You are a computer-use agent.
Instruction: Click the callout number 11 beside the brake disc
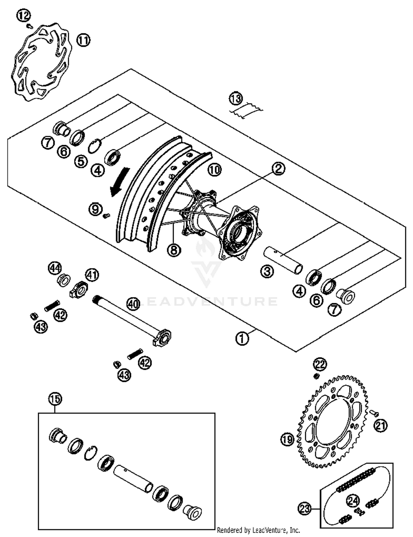(x=83, y=41)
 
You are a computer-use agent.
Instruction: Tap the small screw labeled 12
(x=30, y=26)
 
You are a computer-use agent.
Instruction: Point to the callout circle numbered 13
(x=236, y=99)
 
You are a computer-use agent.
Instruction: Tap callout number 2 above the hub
(x=278, y=168)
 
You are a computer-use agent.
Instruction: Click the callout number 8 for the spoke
(x=174, y=250)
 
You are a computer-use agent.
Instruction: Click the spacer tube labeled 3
(x=284, y=260)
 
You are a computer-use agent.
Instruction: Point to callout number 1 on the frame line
(x=242, y=338)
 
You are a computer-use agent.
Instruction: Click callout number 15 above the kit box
(x=55, y=399)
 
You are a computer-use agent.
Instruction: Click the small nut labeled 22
(x=316, y=376)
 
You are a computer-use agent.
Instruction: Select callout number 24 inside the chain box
(x=353, y=501)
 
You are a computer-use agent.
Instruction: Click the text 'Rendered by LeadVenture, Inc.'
(x=258, y=530)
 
